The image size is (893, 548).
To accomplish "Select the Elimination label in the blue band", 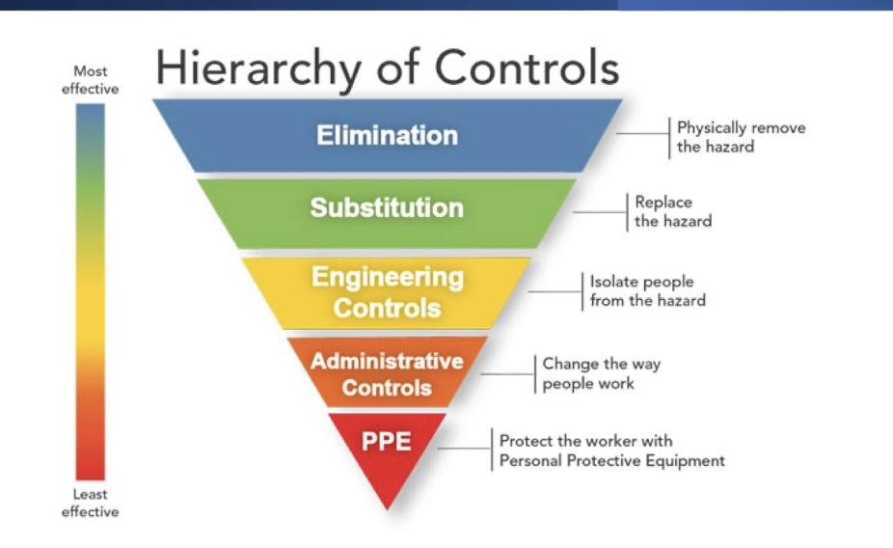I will click(x=387, y=135).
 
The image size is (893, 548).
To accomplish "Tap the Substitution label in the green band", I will click(x=387, y=207).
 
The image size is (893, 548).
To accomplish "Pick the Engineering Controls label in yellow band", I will click(x=387, y=292).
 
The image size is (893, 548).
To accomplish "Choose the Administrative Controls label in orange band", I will click(x=387, y=374).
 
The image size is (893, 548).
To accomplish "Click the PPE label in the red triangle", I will click(x=387, y=442).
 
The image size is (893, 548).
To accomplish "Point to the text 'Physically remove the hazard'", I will click(x=741, y=137).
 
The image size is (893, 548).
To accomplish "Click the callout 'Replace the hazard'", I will click(x=672, y=211).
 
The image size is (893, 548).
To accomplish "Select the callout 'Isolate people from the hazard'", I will click(x=647, y=290).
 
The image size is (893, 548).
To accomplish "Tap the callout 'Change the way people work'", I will click(x=602, y=373).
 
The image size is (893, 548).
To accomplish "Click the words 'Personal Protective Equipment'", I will click(x=611, y=461).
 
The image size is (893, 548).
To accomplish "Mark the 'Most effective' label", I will click(x=90, y=80).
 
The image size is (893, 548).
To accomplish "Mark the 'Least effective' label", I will click(x=90, y=503).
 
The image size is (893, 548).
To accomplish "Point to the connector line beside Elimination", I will click(x=643, y=134).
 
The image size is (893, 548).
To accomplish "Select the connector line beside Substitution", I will click(x=600, y=212).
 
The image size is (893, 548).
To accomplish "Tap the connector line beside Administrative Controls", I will click(x=507, y=374).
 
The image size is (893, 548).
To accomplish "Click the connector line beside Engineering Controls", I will click(x=555, y=291).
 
